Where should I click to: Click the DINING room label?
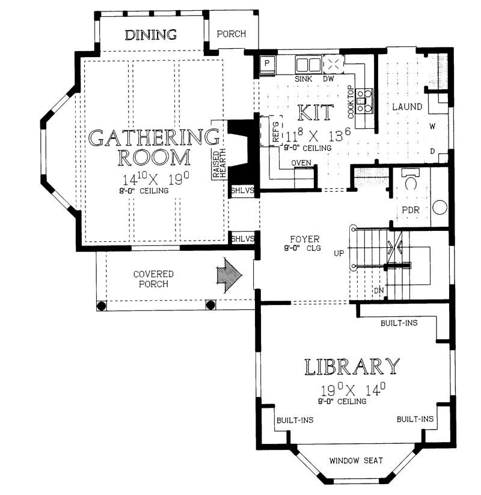[x=150, y=35]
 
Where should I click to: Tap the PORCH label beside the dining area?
[x=231, y=34]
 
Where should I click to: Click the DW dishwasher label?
[x=328, y=79]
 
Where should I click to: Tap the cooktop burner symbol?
[x=364, y=101]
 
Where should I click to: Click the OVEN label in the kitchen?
[x=301, y=163]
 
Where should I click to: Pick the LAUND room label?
[x=407, y=107]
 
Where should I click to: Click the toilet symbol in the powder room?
[x=412, y=181]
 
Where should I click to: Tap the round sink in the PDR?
[x=440, y=209]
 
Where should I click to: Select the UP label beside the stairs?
[x=339, y=254]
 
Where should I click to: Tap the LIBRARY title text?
[x=352, y=366]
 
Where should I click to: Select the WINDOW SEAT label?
[x=356, y=461]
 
